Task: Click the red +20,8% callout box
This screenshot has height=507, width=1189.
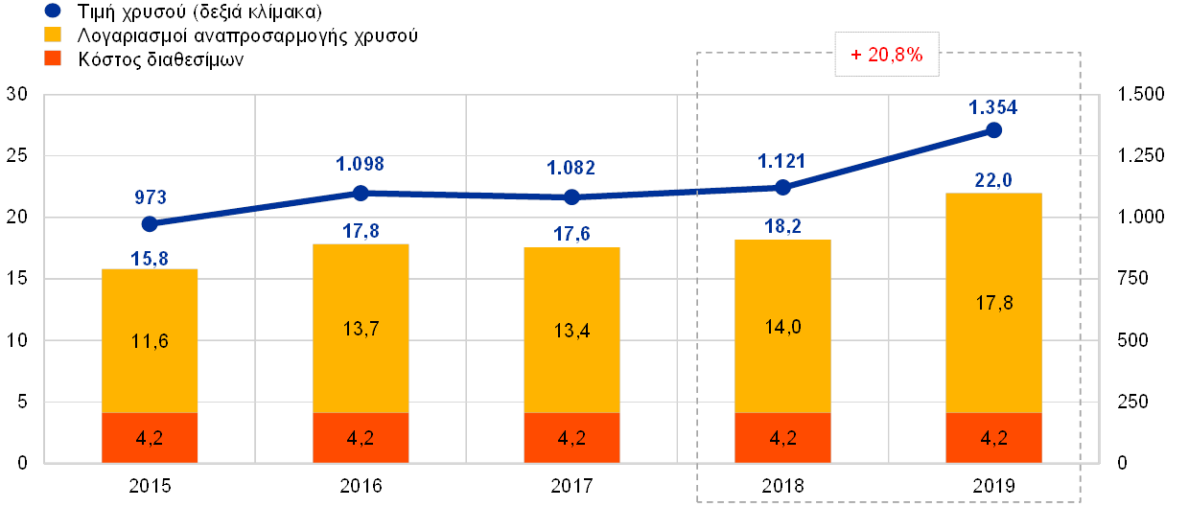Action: coord(886,56)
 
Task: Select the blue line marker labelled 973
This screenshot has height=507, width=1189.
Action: coord(150,223)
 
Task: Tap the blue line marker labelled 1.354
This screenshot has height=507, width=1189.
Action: coord(994,130)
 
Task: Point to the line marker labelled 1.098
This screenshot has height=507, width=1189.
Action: coord(361,193)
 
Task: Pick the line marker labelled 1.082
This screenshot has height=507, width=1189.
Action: coord(571,197)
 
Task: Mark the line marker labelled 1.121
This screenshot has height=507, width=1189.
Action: coord(782,188)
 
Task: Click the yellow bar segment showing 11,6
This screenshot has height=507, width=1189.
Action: coord(150,340)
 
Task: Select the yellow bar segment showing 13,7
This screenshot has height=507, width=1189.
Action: coord(361,328)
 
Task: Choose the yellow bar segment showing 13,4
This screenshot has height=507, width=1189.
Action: coord(571,330)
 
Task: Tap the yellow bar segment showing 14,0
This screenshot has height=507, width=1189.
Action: coord(782,326)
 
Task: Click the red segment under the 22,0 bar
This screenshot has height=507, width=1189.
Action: coord(993,438)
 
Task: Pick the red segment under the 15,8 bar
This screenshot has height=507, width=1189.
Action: coord(150,438)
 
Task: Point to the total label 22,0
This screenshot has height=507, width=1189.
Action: coord(994,179)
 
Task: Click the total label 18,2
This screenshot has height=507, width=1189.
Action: coord(782,227)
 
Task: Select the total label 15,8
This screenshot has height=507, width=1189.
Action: coord(150,257)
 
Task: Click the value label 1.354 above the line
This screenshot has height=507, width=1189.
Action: coord(994,107)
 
